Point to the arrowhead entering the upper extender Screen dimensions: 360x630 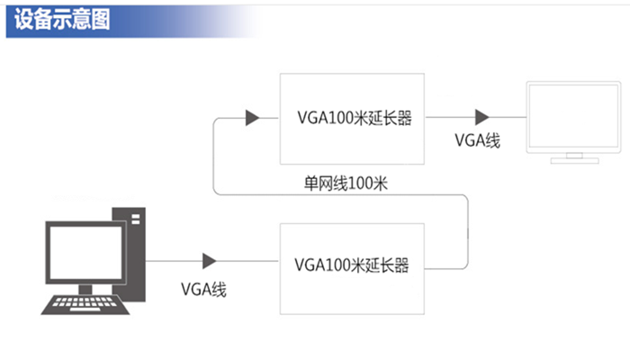pos(252,118)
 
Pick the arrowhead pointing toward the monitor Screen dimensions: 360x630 pos(482,117)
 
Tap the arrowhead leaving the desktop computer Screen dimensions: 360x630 pos(209,261)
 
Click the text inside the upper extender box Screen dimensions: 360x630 pos(354,117)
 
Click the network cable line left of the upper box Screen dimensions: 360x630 pos(212,157)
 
